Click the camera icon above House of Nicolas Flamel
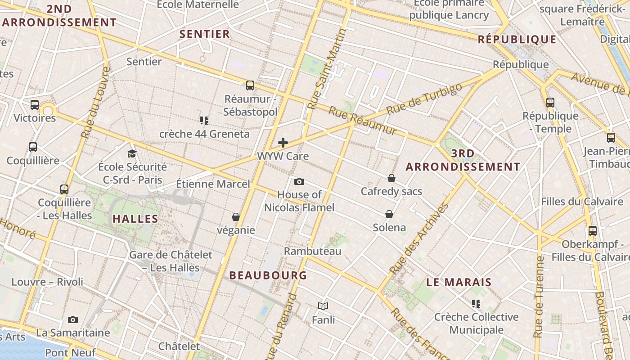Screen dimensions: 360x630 click(299, 181)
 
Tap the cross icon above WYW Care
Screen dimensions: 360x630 click(283, 143)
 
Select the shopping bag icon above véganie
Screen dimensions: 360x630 click(235, 217)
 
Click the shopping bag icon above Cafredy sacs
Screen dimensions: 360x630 click(391, 178)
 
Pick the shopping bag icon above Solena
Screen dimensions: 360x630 click(389, 214)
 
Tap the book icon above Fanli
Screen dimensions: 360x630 click(323, 306)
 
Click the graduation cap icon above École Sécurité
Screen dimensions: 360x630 click(132, 153)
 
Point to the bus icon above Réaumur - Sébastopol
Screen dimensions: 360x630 click(250, 85)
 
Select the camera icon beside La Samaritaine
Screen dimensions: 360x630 click(73, 319)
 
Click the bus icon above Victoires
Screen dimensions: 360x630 click(35, 105)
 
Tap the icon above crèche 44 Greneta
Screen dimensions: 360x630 click(204, 120)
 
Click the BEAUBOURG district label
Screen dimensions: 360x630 click(268, 275)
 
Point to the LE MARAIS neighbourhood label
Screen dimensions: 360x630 click(459, 283)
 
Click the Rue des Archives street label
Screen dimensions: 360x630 click(419, 239)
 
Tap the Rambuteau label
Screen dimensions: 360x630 click(312, 251)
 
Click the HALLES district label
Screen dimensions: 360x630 click(135, 219)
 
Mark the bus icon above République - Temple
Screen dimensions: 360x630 click(550, 102)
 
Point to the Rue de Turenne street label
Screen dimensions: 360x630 click(539, 297)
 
